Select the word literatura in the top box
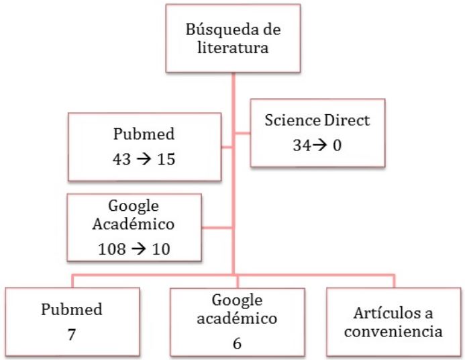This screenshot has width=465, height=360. [231, 50]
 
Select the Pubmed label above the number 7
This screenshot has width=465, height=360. [72, 310]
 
